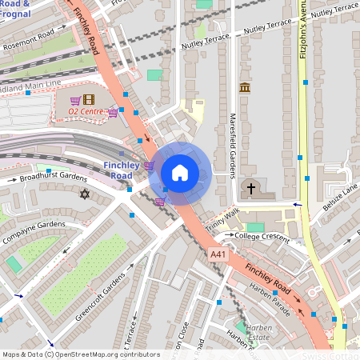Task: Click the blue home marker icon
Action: (180, 172)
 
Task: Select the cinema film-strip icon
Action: (88, 98)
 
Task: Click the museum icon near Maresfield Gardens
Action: (245, 87)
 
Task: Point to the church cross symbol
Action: (250, 189)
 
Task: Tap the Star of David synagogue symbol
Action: (85, 194)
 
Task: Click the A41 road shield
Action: (218, 254)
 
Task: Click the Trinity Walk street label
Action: (222, 218)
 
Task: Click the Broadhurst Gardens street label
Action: (53, 176)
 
